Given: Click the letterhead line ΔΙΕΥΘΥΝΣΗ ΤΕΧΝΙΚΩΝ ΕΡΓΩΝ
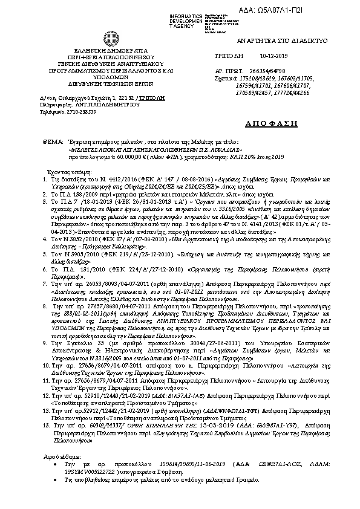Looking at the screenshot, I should (x=91, y=83).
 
